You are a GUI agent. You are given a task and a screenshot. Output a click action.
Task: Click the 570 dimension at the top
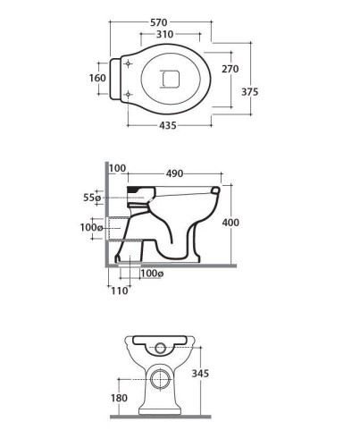click(159, 22)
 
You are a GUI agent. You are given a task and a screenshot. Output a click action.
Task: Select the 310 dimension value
click(164, 35)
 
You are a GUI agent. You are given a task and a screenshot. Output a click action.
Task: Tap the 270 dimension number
click(230, 69)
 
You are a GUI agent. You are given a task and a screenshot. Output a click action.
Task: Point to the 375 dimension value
click(249, 92)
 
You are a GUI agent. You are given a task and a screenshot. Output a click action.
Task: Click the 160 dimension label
click(97, 78)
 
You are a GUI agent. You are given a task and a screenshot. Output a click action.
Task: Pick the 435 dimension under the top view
click(168, 126)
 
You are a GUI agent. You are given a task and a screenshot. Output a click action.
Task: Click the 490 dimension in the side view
click(174, 173)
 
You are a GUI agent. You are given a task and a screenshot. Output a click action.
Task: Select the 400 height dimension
click(230, 223)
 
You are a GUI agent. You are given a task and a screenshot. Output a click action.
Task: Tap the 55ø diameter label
click(92, 198)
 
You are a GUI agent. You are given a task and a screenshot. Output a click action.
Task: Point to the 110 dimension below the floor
click(120, 291)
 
